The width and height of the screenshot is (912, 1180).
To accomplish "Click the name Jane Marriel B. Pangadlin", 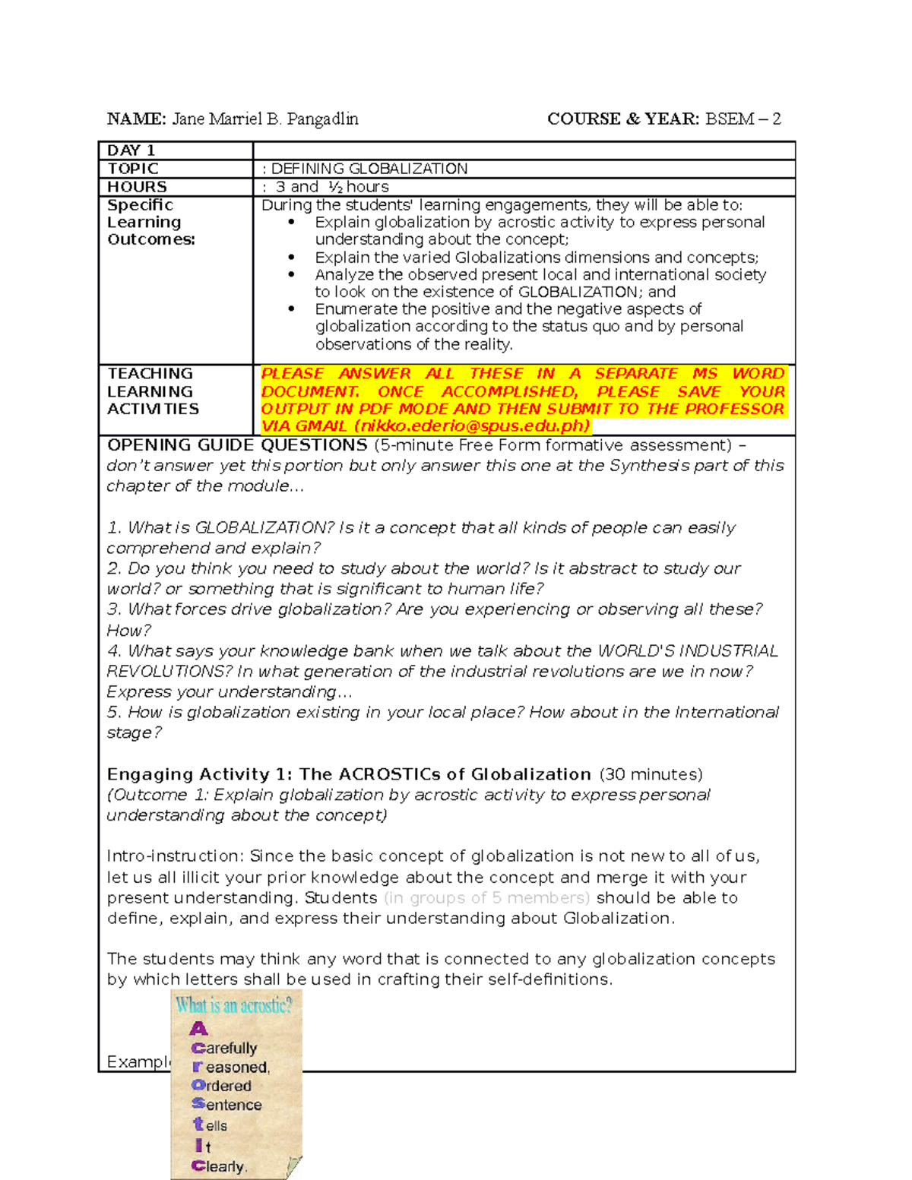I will pos(265,119).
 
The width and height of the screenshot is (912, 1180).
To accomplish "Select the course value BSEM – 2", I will pos(743,119).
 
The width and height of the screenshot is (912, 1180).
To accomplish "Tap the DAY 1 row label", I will pos(131,150).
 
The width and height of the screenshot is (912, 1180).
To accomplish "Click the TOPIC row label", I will pos(133,169).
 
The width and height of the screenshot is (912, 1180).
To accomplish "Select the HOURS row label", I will pos(137,187).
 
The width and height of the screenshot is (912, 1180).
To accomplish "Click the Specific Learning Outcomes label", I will pos(150,222).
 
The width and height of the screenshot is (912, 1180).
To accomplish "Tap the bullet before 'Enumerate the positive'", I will pos(291,308).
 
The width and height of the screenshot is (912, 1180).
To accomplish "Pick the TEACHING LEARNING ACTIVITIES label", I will pos(153,391).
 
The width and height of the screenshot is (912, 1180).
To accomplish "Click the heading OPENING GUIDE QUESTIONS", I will pos(237,445).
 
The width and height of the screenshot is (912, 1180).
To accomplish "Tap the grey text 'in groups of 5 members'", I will pos(487,898).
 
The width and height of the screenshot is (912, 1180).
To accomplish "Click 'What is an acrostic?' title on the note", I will pos(234,1006).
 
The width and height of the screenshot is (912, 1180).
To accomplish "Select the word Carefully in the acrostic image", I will pos(224,1049).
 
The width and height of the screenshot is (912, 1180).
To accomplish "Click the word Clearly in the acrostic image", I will pos(220,1166).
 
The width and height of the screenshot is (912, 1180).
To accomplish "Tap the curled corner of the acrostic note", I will pos(294,1166).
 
